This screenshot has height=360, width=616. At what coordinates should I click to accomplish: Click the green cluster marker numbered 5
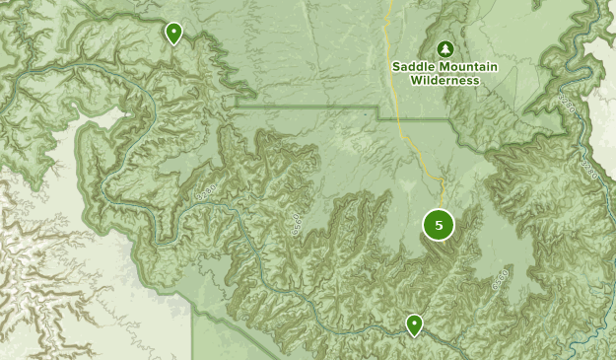tap(439, 225)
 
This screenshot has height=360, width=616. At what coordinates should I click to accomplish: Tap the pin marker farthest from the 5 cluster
tap(173, 34)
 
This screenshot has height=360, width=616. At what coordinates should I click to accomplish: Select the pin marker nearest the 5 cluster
tap(415, 324)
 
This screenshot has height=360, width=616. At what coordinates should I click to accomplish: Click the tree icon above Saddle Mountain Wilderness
tap(445, 48)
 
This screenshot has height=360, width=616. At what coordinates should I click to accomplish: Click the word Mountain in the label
tap(469, 67)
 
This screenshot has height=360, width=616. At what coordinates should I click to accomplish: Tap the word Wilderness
tap(444, 80)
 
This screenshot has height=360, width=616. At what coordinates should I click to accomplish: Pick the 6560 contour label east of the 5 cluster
tap(500, 277)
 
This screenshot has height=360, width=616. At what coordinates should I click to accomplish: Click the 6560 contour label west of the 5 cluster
tap(296, 224)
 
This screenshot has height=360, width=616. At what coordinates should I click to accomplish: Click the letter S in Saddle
tap(396, 67)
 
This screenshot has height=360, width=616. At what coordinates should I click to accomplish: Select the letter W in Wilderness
tap(415, 80)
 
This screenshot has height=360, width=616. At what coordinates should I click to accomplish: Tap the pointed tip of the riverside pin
tap(415, 336)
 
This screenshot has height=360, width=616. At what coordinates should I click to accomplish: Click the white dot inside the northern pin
tap(173, 32)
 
